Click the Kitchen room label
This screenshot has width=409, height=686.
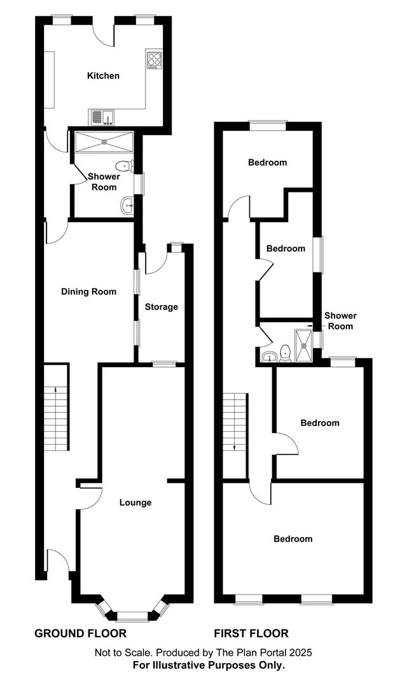[103, 76]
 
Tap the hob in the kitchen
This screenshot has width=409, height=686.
[155, 60]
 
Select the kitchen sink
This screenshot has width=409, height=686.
[101, 117]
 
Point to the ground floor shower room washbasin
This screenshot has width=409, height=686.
[127, 205]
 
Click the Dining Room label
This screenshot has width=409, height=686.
[88, 292]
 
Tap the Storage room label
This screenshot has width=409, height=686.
[161, 307]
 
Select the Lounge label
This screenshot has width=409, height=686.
[135, 502]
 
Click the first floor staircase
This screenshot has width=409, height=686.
[235, 422]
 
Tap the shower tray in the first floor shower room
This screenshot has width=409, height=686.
[303, 346]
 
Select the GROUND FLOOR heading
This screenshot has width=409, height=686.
[80, 633]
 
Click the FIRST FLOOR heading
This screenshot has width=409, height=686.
[251, 633]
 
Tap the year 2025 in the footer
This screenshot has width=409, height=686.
[301, 652]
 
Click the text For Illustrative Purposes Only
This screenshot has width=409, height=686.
[209, 665]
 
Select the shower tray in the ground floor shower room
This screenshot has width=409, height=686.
[103, 142]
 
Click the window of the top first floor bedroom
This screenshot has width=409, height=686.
[267, 126]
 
